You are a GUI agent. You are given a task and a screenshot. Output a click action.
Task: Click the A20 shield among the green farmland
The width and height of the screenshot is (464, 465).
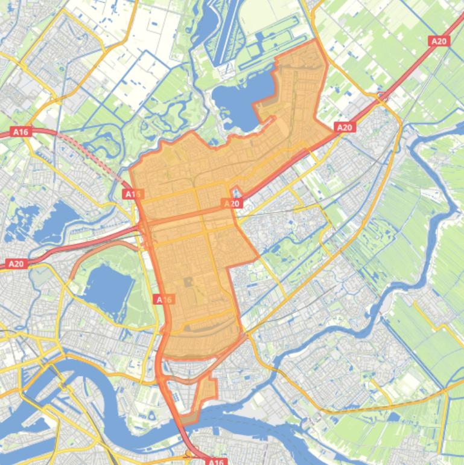[x=439, y=41]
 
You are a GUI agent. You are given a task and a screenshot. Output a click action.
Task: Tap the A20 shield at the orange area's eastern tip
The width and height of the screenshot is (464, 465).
[x=344, y=127]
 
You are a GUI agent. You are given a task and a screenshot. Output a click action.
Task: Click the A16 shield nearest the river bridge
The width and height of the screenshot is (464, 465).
[x=215, y=461]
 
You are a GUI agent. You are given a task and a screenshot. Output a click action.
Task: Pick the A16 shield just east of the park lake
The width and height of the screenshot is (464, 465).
[x=164, y=300]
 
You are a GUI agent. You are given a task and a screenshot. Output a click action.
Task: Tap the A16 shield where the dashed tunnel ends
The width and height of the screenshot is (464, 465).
[x=133, y=194]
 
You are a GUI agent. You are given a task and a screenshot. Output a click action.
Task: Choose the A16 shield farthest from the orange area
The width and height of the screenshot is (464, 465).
[x=21, y=131]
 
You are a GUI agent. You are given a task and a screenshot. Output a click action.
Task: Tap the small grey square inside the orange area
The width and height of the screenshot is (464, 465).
[x=188, y=281]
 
